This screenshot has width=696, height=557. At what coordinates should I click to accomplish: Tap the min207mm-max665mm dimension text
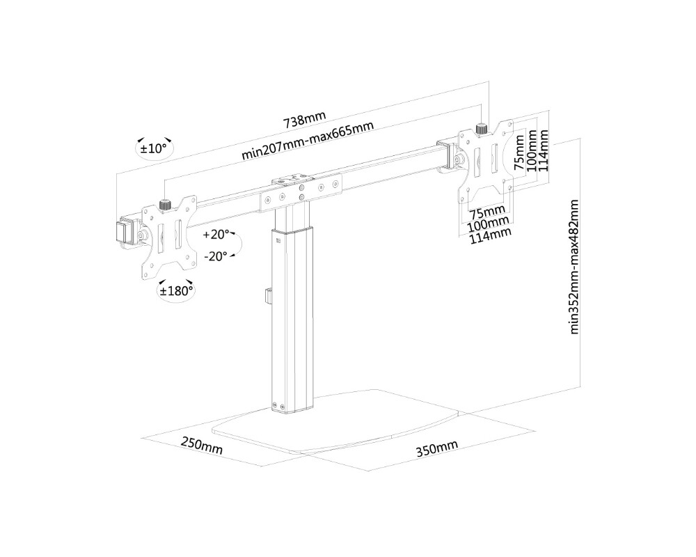307,141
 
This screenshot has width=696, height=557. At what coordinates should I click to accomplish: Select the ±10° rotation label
154,148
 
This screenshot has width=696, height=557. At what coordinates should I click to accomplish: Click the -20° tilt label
215,256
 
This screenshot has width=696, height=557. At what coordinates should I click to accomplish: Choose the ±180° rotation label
176,291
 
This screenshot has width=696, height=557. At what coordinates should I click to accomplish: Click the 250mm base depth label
202,445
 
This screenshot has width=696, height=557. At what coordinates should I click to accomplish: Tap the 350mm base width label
437,448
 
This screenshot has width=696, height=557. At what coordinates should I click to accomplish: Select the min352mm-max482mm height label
574,267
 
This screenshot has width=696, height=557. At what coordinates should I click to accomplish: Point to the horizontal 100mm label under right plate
487,224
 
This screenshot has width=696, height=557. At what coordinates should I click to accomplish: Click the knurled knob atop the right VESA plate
480,128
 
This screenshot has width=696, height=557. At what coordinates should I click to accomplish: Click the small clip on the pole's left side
267,295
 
